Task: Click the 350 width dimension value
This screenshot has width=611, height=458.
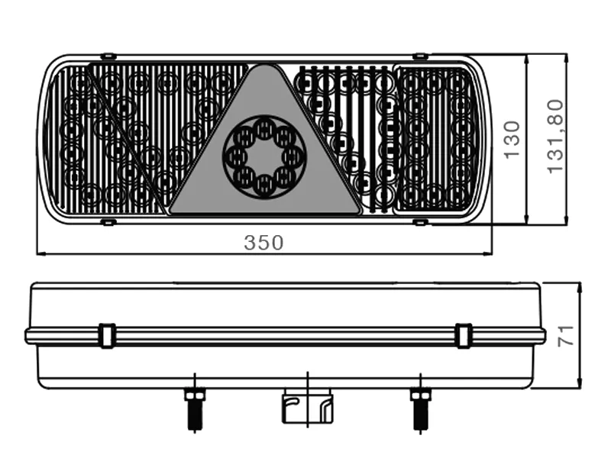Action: (263, 243)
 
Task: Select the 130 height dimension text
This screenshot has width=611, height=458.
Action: (511, 139)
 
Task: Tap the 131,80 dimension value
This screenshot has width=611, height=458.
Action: (555, 136)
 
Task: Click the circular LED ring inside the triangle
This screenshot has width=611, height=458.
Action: (263, 157)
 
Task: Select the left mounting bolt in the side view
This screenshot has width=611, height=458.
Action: (195, 408)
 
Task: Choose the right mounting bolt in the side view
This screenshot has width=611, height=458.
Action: (420, 408)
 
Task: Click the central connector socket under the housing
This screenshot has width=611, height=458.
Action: (307, 408)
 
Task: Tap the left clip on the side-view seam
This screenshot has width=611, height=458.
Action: (107, 335)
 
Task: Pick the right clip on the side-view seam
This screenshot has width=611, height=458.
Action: (464, 335)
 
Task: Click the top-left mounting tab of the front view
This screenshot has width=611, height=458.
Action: (108, 56)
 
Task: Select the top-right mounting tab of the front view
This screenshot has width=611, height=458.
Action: (419, 56)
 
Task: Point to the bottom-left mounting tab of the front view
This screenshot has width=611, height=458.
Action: (108, 222)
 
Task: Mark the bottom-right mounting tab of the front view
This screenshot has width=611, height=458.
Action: (419, 222)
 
